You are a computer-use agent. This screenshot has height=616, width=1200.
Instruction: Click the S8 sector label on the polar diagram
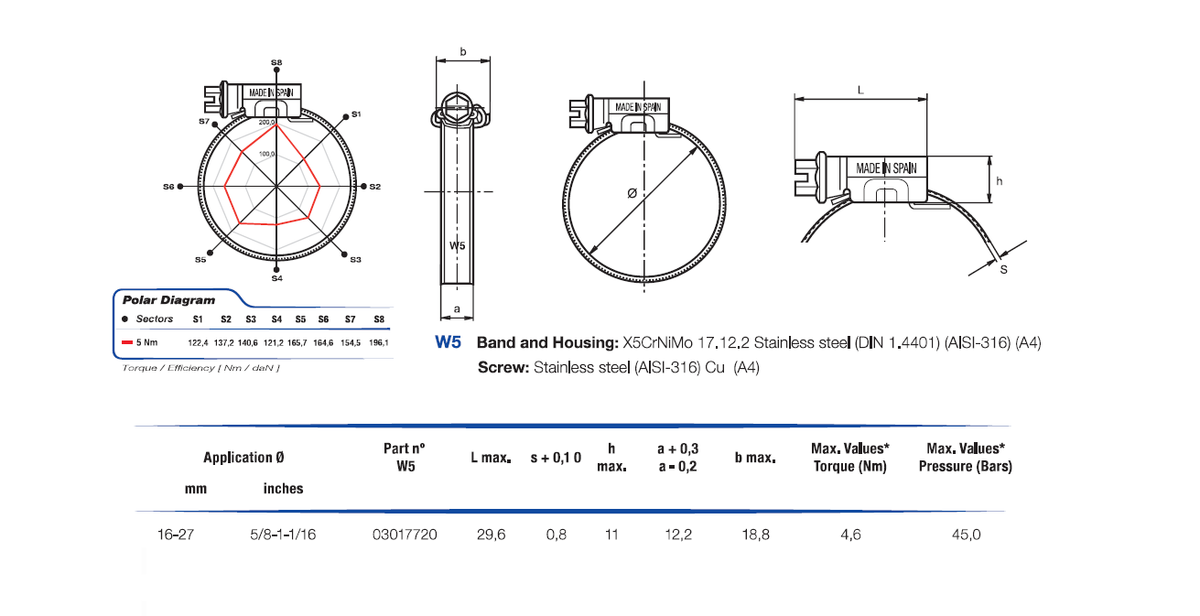[x=276, y=61]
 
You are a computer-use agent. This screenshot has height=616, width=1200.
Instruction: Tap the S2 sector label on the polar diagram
[x=374, y=186]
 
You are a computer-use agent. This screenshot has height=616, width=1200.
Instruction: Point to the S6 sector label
[x=168, y=186]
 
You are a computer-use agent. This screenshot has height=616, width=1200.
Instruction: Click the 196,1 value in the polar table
[x=379, y=342]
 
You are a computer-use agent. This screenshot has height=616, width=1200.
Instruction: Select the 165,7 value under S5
[x=299, y=342]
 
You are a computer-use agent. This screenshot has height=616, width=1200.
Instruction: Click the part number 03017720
[x=405, y=534]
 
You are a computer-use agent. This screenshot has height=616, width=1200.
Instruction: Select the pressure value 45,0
[x=966, y=534]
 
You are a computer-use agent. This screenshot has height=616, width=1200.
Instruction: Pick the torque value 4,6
[x=850, y=534]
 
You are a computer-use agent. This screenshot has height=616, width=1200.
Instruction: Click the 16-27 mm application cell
[x=174, y=534]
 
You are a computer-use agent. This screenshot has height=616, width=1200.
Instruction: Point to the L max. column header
[x=490, y=457]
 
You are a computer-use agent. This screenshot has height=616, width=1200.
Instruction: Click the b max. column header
[x=755, y=457]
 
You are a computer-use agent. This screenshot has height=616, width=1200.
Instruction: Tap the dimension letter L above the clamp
[x=860, y=89]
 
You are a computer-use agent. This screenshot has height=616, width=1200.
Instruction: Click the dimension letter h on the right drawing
[x=1000, y=181]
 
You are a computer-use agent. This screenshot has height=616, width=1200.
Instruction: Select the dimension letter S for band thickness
[x=1003, y=270]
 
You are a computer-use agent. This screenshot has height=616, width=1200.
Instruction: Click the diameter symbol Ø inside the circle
[x=632, y=193]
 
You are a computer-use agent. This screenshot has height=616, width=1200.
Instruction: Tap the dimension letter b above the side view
[x=462, y=52]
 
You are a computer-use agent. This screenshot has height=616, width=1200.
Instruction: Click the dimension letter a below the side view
[x=457, y=310]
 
